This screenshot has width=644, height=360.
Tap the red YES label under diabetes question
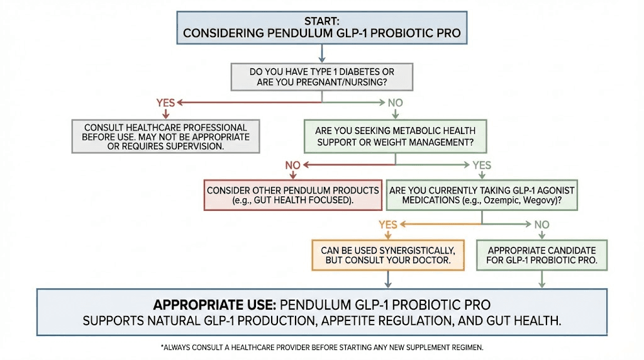click(x=166, y=102)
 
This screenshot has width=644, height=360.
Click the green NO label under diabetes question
click(x=395, y=102)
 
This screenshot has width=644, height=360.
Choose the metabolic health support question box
click(x=395, y=137)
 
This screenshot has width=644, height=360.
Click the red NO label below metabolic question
click(x=293, y=166)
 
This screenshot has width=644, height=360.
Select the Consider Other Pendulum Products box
click(x=293, y=195)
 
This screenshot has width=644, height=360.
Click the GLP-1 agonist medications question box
click(x=482, y=195)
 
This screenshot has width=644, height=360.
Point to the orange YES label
click(x=388, y=224)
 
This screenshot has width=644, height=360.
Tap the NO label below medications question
click(x=541, y=224)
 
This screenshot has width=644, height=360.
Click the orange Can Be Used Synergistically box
click(x=388, y=255)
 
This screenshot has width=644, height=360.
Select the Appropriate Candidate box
click(x=541, y=255)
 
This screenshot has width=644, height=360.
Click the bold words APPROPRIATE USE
click(x=214, y=305)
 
